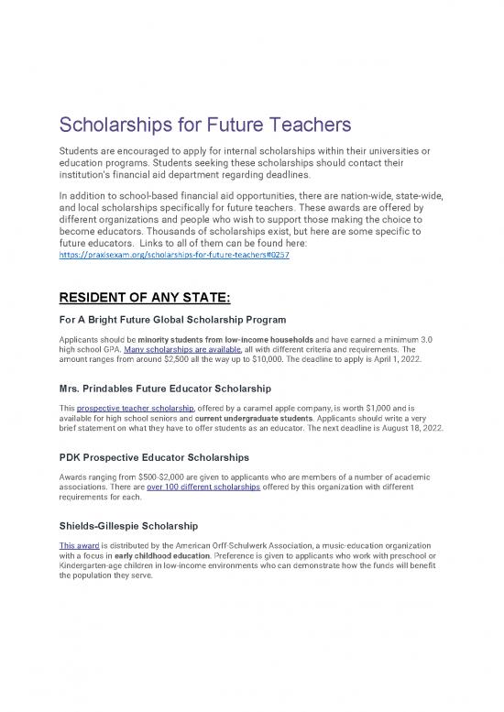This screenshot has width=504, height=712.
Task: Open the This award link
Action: pos(76,547)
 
